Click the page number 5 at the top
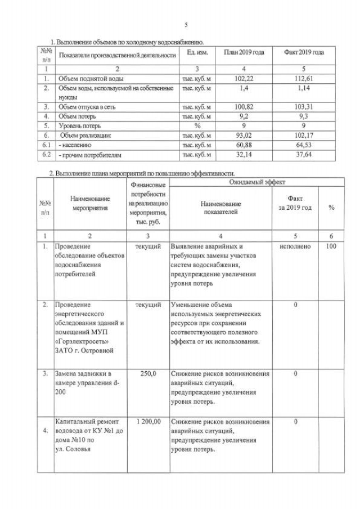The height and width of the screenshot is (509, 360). coord(186,24)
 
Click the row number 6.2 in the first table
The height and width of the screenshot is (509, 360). coord(47,154)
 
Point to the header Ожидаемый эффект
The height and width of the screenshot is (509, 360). coord(256,183)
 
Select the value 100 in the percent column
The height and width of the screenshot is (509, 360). coord(331,246)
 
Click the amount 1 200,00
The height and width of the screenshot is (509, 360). coord(148,421)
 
